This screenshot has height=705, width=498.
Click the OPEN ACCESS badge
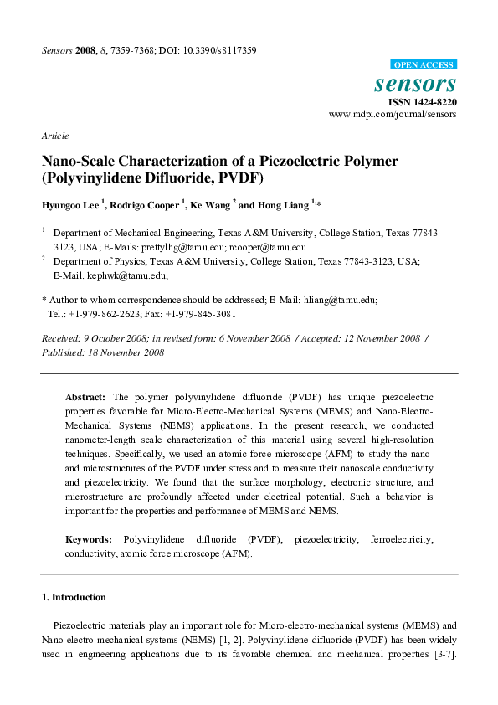coord(424,64)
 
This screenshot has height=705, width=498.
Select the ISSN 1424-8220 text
coord(422,102)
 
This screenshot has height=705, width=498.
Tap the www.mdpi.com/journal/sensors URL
coord(393,114)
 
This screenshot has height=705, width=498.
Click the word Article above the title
coord(54,136)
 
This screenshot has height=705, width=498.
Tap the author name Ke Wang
coord(208,204)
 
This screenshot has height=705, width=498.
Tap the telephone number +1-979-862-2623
coord(105,314)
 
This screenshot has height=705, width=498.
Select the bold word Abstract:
coord(86,396)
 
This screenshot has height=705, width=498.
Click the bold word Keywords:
coord(88,540)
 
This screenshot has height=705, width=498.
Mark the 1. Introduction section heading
coord(74,597)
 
